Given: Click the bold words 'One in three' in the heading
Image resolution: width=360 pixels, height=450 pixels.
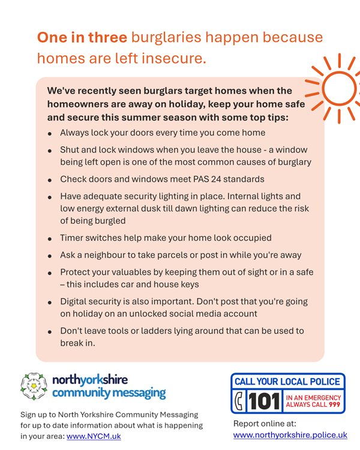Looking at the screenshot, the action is tap(82, 38).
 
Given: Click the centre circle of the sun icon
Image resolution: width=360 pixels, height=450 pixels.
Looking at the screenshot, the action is tap(339, 88).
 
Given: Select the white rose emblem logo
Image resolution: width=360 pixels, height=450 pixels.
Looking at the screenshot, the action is tap(34, 386).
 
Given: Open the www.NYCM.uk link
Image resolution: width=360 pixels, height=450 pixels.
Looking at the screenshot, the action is tap(94, 436).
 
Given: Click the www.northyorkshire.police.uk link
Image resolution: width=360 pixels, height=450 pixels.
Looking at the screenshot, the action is tap(290, 435).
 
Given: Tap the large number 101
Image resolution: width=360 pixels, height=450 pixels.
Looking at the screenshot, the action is tap(264, 401).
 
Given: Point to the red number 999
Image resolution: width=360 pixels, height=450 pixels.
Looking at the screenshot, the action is tap(334, 404).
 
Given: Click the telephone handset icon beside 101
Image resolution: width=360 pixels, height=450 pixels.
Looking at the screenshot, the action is tap(239, 401).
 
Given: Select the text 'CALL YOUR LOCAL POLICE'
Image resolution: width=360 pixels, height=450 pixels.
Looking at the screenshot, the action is tap(287, 382).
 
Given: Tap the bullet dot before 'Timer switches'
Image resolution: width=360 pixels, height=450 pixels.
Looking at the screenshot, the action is tap(50, 239).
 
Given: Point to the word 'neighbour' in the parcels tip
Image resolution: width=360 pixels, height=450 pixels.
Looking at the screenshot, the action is tap(105, 255).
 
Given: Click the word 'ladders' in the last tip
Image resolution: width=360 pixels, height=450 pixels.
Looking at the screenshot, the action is tap(155, 331).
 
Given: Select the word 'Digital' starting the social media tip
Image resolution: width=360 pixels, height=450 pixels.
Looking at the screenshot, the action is tap(73, 302).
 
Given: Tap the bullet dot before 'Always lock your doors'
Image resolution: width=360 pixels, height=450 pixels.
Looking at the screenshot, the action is tap(50, 134).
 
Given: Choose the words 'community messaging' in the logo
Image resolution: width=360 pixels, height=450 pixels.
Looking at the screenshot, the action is tap(109, 392).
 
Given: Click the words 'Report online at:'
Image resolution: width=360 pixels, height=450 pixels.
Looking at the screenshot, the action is tap(265, 424).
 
